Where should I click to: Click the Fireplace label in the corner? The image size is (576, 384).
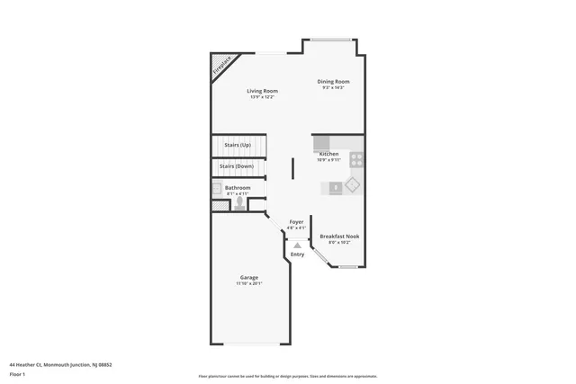[221, 66]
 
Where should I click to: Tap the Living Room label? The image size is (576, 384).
[263, 91]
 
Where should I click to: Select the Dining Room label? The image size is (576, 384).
[333, 82]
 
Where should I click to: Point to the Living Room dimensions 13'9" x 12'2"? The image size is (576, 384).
[263, 96]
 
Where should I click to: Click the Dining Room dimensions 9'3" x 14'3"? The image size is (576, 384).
[333, 87]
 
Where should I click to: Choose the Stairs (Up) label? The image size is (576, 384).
[238, 145]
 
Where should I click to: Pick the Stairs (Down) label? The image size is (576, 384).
[238, 166]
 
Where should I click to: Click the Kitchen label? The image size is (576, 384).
[328, 155]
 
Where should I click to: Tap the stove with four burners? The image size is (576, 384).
[356, 160]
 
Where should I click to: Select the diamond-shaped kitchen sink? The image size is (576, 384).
[352, 184]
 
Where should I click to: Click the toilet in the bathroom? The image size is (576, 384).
[239, 203]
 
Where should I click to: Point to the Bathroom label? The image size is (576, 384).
[238, 188]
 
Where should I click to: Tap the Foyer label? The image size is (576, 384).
[296, 222]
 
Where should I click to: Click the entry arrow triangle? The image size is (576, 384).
[297, 245]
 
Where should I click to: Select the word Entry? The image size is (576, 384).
[297, 255]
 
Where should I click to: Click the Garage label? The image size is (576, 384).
[249, 278]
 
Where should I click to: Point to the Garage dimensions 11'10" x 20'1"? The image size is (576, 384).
[249, 283]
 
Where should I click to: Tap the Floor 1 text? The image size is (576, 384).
[17, 373]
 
